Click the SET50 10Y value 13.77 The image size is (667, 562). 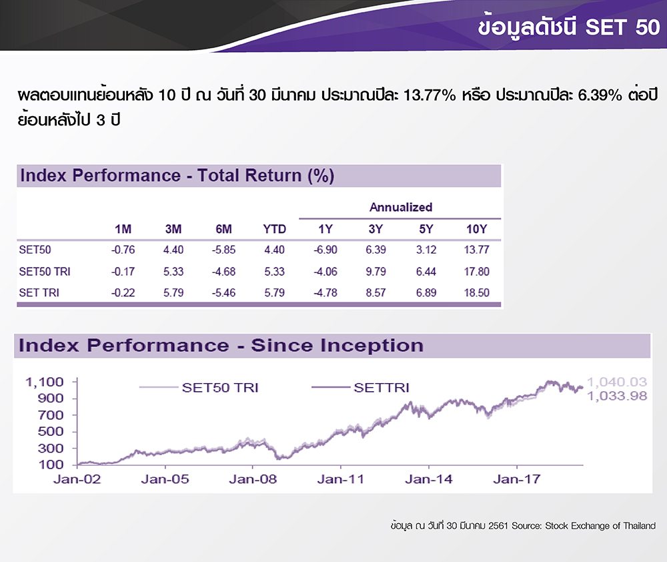tap(476, 250)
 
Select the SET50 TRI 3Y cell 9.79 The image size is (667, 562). tap(376, 272)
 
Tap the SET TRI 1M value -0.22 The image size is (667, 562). tap(123, 293)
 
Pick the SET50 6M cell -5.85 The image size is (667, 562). tap(223, 250)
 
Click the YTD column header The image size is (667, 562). tap(274, 230)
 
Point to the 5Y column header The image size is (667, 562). tap(426, 230)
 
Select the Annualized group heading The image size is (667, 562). tap(401, 208)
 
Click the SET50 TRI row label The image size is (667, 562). tap(45, 272)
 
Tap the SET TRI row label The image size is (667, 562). tap(39, 293)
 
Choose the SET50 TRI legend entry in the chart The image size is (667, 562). tap(199, 387)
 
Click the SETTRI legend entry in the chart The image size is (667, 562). tap(361, 387)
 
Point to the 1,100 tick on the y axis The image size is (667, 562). tap(45, 382)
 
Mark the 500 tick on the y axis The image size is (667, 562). tap(51, 432)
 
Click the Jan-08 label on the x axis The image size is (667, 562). tap(253, 479)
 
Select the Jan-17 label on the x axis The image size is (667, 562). tap(517, 479)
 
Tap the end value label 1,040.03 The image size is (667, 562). tap(617, 382)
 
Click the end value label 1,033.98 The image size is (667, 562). tap(617, 396)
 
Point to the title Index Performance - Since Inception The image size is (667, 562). tap(221, 345)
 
